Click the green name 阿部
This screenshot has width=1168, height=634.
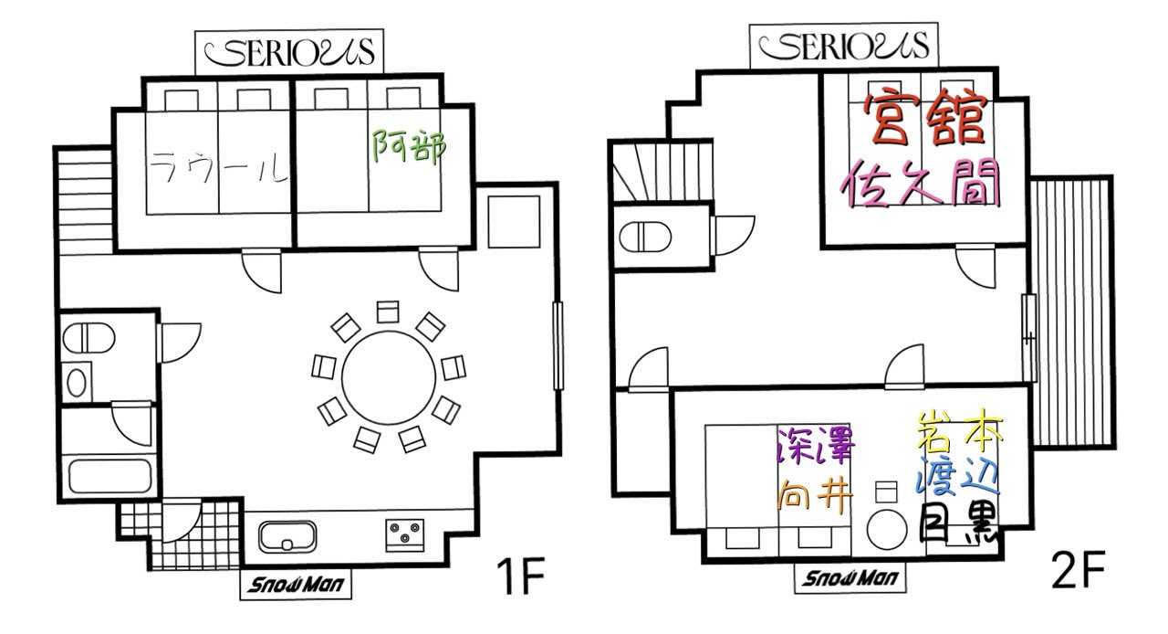tap(409, 147)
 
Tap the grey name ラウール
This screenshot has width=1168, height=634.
tap(219, 167)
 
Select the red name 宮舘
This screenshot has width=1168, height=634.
tap(926, 119)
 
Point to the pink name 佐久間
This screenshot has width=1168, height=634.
tap(921, 183)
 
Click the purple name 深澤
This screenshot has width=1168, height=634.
tap(816, 446)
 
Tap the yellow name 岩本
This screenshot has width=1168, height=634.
tap(959, 431)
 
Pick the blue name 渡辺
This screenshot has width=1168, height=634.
tap(958, 475)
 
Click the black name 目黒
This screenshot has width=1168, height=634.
tap(958, 523)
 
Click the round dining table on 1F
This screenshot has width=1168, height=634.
tap(389, 378)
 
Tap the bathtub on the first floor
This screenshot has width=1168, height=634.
tap(110, 476)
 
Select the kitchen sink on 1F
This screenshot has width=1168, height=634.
tap(287, 536)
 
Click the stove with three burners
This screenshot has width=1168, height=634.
tap(404, 534)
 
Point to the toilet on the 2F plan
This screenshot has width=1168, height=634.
tap(644, 238)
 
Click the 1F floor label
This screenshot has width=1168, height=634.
tap(520, 576)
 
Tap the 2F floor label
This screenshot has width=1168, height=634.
tap(1079, 570)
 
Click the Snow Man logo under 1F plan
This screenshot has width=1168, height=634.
tap(296, 584)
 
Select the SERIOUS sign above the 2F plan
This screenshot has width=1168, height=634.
tap(844, 46)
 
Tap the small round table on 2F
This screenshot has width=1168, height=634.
tap(887, 530)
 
